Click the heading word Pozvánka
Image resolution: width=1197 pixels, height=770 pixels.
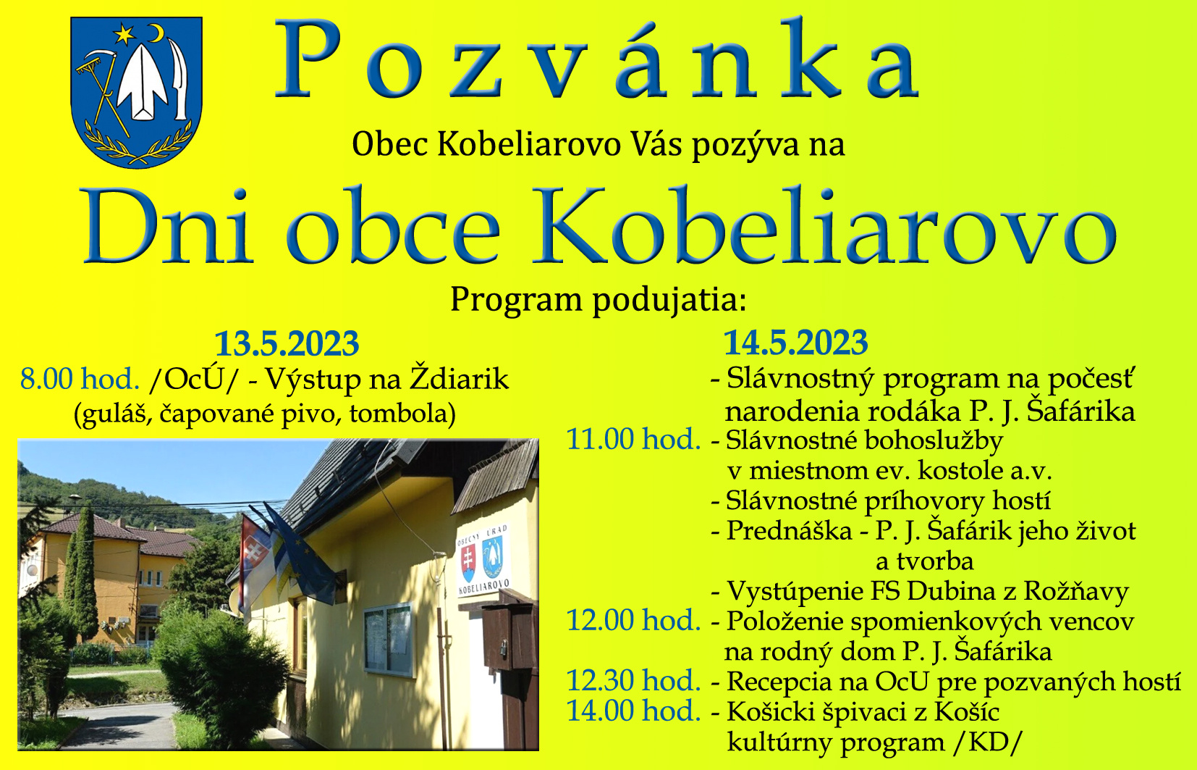coord(598,60)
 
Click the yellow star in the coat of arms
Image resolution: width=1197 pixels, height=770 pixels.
coord(124,35)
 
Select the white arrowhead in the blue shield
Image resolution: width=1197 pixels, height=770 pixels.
coord(143,80)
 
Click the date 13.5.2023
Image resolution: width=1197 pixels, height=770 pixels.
coord(287,343)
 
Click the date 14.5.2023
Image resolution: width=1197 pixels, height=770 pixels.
coord(795,342)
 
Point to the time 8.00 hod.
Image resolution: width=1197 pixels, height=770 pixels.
coord(80,379)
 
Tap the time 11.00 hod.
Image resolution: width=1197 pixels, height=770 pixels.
coord(634,440)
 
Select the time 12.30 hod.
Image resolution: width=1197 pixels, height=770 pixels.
coord(634,681)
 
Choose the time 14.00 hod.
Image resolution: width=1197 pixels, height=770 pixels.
coord(634,711)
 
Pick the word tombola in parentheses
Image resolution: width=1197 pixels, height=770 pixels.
coord(399,414)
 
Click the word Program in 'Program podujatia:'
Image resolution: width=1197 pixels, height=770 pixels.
coord(516,300)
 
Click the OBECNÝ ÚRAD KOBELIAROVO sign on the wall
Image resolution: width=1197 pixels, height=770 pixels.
coord(483,559)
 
